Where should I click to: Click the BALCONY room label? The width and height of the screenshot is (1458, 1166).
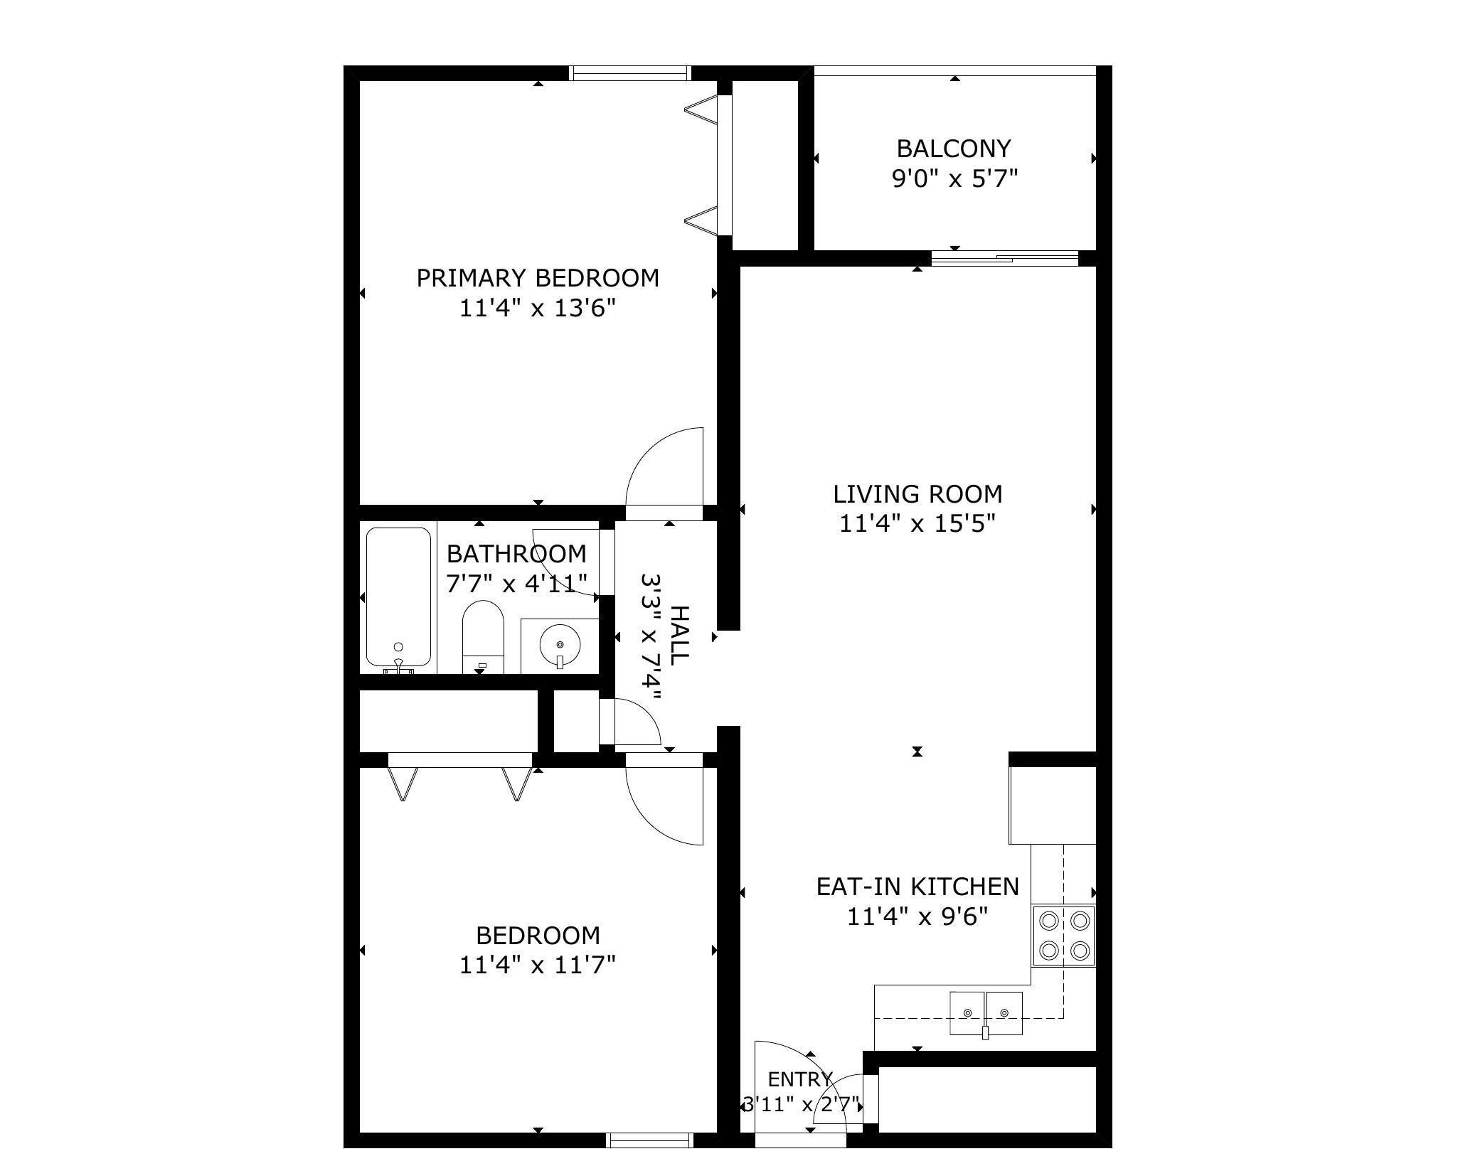(953, 149)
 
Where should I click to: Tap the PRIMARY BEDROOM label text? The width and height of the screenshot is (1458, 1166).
(538, 278)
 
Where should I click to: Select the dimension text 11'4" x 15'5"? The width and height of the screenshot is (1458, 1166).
(917, 524)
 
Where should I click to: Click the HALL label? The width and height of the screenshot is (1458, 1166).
(680, 636)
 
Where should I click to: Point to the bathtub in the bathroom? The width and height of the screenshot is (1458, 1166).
(398, 597)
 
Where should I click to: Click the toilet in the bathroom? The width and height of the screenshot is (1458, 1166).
(483, 637)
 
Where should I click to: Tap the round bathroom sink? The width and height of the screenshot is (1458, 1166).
(560, 646)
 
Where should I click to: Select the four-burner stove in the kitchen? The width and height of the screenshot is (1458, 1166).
(1063, 936)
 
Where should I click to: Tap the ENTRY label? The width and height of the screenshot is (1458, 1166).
(800, 1080)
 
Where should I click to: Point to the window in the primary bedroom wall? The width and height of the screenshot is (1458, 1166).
(630, 73)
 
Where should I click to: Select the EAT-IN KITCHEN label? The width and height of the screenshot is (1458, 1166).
(917, 887)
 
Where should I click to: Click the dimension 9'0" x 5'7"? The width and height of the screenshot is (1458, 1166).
(955, 178)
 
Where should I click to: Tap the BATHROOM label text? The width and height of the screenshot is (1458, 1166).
(516, 554)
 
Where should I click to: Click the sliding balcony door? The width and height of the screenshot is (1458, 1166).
(1005, 257)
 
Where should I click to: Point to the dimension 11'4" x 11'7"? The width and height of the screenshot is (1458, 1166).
(538, 965)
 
